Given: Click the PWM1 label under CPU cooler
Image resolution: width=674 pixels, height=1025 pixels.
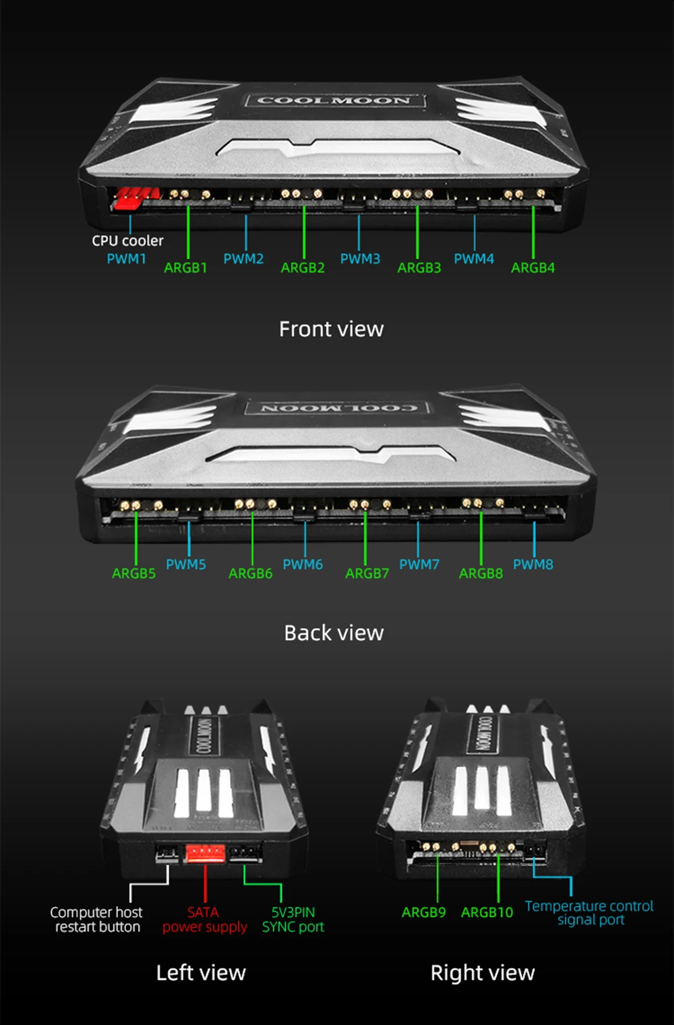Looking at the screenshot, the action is [126, 259].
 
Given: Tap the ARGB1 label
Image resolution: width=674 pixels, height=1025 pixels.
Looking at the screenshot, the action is [185, 268].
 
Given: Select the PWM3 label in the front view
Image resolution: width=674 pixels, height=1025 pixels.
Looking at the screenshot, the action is [360, 259].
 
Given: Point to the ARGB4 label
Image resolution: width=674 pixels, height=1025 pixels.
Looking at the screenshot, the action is [532, 268].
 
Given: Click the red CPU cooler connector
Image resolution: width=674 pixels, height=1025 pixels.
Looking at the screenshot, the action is [135, 198].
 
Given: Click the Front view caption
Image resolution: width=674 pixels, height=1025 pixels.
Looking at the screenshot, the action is [331, 329].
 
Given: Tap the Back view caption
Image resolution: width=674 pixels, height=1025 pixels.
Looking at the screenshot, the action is [334, 633].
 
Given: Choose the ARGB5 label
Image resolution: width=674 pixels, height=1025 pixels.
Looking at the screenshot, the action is [133, 574].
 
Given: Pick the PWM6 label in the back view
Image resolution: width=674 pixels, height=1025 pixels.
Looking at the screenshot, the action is [303, 564].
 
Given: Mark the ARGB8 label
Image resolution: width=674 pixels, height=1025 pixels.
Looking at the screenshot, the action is [481, 574].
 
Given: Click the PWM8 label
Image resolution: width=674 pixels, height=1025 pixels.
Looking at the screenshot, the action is [532, 564].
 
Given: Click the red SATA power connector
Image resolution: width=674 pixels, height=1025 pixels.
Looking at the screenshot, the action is [205, 854].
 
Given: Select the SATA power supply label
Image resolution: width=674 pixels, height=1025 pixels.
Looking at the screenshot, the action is [204, 920].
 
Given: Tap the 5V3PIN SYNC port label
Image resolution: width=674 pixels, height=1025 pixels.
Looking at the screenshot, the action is [293, 920].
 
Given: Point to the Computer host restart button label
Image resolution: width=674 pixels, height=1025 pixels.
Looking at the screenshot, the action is [96, 920].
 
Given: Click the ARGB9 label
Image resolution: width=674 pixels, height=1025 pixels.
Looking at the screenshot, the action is [423, 912].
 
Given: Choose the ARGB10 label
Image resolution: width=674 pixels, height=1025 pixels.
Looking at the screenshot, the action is [487, 912].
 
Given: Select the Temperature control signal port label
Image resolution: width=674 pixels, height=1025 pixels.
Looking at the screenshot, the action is [589, 913].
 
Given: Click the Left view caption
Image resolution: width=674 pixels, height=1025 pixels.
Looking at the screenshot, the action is [201, 973].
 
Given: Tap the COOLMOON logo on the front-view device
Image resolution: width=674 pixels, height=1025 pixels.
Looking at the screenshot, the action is [334, 101].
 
